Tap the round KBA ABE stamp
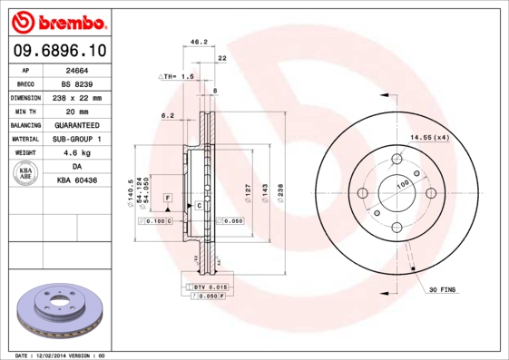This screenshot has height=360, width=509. coord(25,174)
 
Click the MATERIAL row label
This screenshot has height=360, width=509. coord(25,139)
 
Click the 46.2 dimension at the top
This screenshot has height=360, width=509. coord(194,41)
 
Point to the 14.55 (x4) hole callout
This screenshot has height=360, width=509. coord(429,137)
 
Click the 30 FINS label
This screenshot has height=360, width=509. coord(442,290)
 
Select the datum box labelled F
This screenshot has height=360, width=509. coord(167,196)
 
